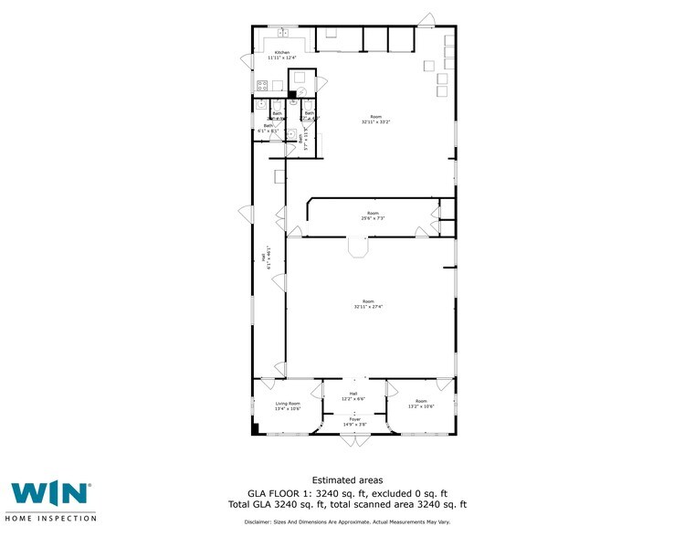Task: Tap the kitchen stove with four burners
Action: [x=262, y=87]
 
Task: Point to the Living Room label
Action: [x=288, y=405]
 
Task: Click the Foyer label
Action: [x=353, y=422]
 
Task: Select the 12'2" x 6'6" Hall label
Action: [x=353, y=396]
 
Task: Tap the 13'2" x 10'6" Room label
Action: [x=421, y=404]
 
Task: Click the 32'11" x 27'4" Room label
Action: [x=368, y=304]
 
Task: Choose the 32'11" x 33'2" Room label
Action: [x=375, y=119]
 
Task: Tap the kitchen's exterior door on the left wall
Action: [x=247, y=61]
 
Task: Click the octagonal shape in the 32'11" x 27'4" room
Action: [x=356, y=248]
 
